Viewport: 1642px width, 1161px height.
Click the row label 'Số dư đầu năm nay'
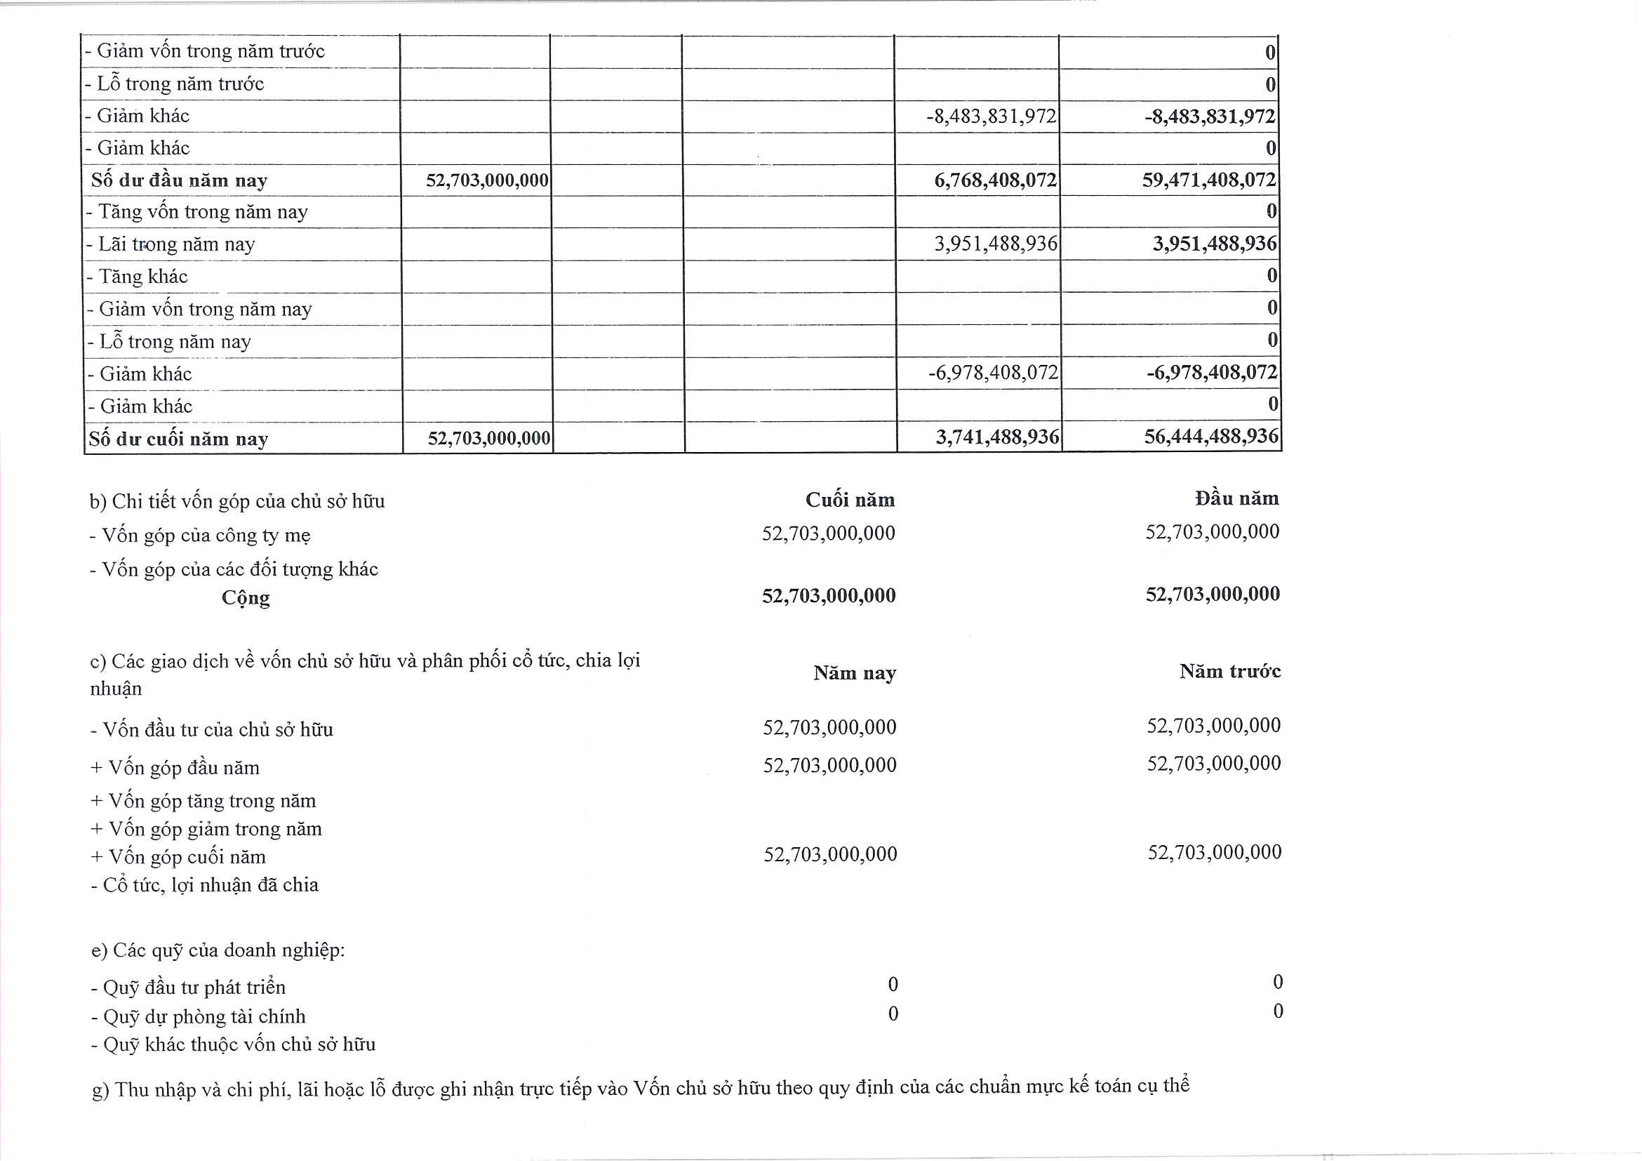(x=179, y=180)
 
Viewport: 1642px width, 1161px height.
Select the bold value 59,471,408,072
(x=1208, y=180)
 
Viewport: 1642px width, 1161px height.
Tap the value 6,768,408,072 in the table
(x=995, y=180)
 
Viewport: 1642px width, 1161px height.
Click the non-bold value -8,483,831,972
(x=991, y=116)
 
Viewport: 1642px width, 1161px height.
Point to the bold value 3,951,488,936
(x=1214, y=244)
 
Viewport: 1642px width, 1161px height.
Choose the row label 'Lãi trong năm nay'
(x=172, y=245)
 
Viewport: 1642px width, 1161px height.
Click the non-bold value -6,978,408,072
(x=993, y=373)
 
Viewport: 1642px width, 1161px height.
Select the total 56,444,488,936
(x=1210, y=437)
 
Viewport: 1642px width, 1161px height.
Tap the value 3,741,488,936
(x=997, y=437)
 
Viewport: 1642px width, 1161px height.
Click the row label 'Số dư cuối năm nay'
(x=178, y=439)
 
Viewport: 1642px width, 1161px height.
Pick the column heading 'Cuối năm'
(x=850, y=499)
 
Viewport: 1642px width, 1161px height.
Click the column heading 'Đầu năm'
(x=1236, y=498)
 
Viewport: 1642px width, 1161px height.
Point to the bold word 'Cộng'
(x=246, y=597)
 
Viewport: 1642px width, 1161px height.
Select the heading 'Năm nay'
(x=854, y=673)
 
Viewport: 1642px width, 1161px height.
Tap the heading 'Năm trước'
(x=1229, y=671)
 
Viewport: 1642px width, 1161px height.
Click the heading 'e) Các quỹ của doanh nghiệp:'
(x=218, y=950)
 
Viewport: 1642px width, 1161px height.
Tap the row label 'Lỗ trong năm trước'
(x=175, y=84)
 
